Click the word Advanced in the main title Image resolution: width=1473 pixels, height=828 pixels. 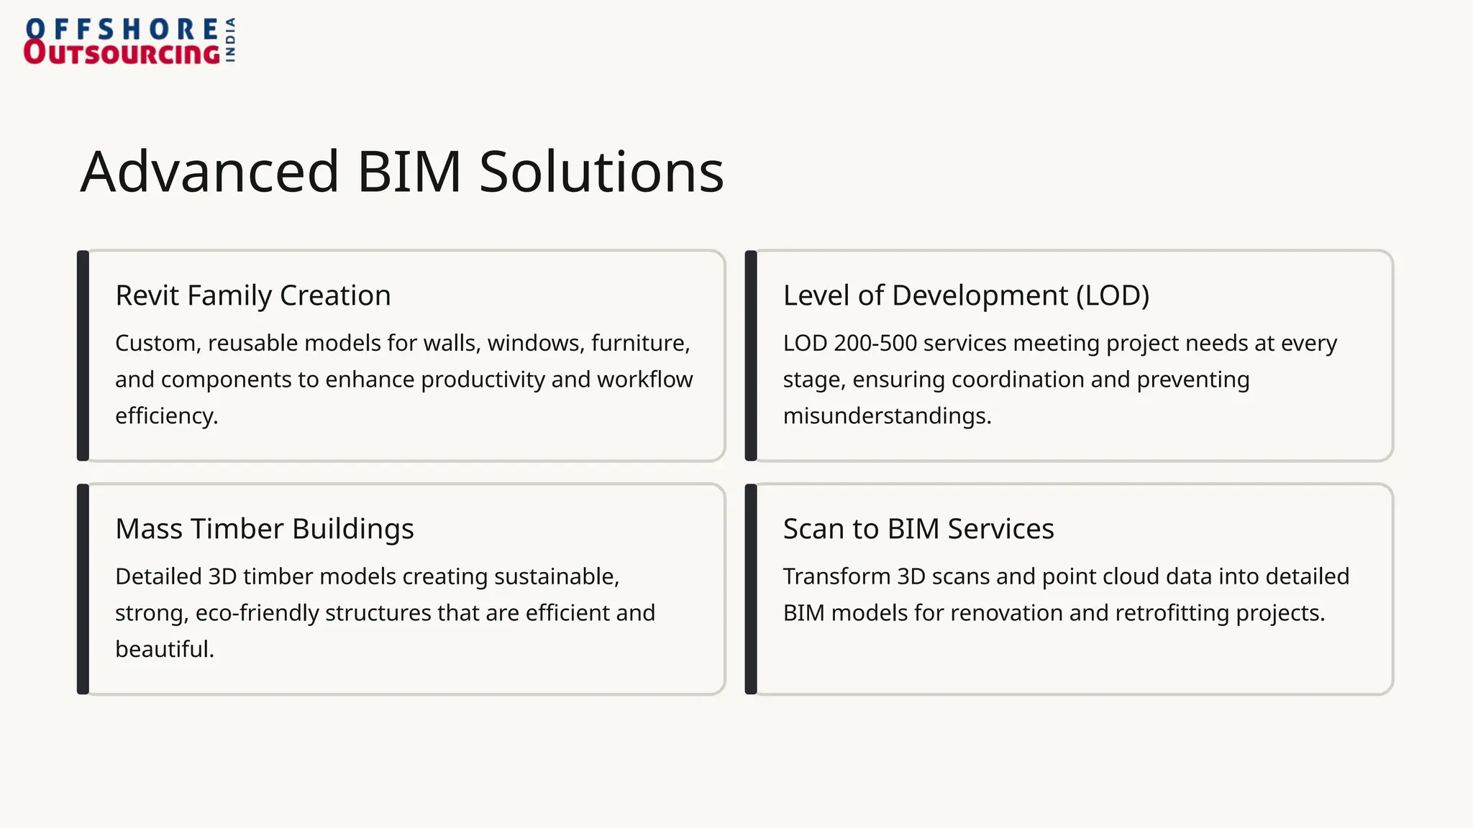[x=209, y=172]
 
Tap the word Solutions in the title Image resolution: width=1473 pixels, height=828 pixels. [x=601, y=172]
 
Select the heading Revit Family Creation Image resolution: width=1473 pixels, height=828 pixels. [x=253, y=295]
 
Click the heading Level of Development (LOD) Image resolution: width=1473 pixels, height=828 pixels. [x=966, y=295]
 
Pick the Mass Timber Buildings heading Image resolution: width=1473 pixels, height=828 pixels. [x=265, y=529]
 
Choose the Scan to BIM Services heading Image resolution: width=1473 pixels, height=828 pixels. [x=918, y=529]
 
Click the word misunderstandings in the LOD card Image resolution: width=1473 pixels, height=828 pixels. [x=886, y=416]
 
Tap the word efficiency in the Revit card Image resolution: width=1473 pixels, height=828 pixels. [x=165, y=416]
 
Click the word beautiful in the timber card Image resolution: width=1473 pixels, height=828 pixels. [x=164, y=649]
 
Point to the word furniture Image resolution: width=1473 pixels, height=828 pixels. [x=639, y=344]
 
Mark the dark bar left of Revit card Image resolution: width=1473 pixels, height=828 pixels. [x=83, y=356]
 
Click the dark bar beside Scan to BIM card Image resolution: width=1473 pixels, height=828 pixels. [x=751, y=589]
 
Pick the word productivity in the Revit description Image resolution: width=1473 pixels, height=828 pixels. [x=483, y=379]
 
